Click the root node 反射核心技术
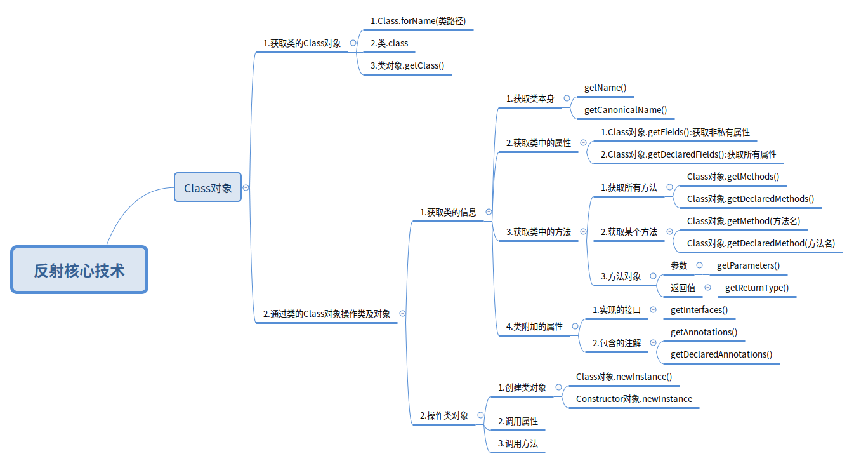[x=79, y=270]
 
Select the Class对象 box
[x=207, y=187]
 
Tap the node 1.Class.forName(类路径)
[x=418, y=21]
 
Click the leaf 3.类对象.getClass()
[x=407, y=65]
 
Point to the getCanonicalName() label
[x=626, y=110]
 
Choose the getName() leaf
[x=605, y=88]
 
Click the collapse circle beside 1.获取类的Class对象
[x=353, y=43]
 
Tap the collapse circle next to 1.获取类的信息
[x=489, y=212]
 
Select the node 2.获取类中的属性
[x=538, y=143]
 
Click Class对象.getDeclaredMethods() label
[x=750, y=199]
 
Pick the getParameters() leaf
[x=748, y=265]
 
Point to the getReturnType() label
[x=757, y=288]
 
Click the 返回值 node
[x=683, y=288]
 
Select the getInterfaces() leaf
[x=699, y=310]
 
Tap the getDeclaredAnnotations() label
[x=721, y=354]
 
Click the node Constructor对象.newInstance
[x=634, y=399]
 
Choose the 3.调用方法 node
[x=518, y=443]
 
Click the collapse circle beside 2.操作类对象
[x=480, y=415]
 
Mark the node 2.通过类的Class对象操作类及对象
[x=326, y=314]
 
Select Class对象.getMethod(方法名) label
[x=743, y=221]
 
